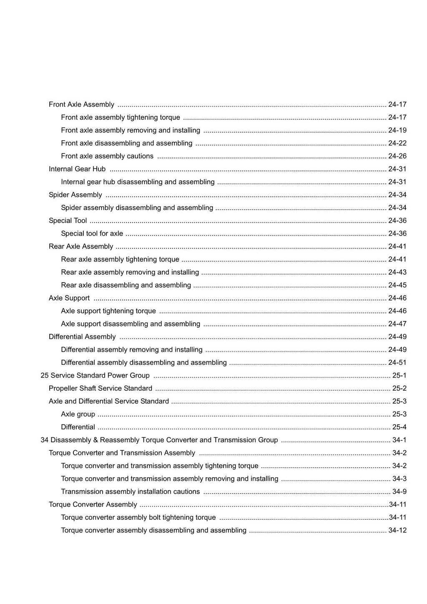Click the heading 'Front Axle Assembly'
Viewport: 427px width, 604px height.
[x=81, y=105]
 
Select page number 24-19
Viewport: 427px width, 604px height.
[x=397, y=130]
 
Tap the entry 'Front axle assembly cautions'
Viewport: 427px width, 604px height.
[x=107, y=156]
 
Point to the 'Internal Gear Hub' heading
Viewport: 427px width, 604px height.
[x=77, y=169]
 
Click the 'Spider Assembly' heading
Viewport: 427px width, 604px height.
[x=75, y=195]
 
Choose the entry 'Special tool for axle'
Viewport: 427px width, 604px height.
[x=92, y=234]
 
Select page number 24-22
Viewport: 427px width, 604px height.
[x=397, y=143]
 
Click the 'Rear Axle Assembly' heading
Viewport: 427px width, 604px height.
[x=81, y=247]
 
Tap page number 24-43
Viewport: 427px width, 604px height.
[x=397, y=273]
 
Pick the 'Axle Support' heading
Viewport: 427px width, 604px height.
[x=69, y=298]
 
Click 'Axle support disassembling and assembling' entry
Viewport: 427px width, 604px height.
[x=131, y=324]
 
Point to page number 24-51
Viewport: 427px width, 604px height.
[x=397, y=363]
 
